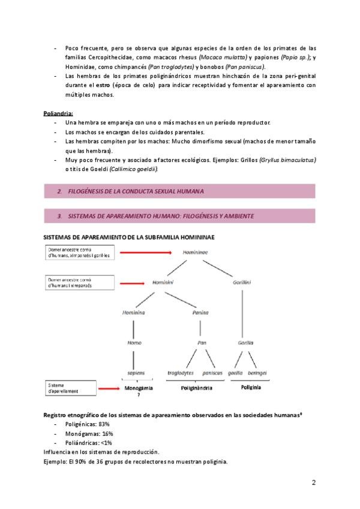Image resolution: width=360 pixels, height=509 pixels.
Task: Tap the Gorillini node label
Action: [x=242, y=282]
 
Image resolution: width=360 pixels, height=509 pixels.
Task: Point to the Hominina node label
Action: [x=134, y=313]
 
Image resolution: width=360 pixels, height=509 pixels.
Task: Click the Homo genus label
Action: [x=134, y=343]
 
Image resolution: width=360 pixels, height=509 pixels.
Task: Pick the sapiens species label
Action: [x=136, y=373]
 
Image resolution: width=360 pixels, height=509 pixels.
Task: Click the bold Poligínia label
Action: [x=250, y=388]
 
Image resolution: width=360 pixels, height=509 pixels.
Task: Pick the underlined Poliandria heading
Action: [x=58, y=113]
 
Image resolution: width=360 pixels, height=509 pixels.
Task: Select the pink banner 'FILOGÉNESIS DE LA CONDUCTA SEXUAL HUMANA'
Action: [x=180, y=191]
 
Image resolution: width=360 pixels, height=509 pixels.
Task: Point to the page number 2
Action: [x=314, y=482]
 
